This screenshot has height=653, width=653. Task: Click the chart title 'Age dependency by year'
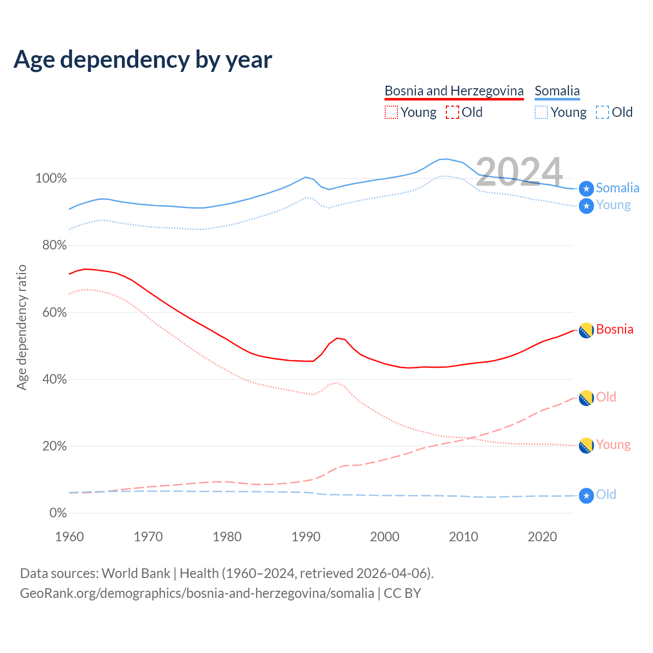[x=143, y=60]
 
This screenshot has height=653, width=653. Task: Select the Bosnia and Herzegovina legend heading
[x=454, y=91]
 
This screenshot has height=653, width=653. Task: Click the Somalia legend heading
[x=557, y=91]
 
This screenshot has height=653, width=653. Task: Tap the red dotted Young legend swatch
[x=391, y=112]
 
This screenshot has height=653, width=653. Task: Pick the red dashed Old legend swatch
[x=452, y=112]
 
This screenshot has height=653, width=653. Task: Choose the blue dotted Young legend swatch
[x=541, y=112]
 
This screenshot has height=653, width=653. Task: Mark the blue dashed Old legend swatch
[x=602, y=112]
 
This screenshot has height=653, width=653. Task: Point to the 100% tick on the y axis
[x=51, y=179]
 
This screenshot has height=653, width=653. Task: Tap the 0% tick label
[x=58, y=513]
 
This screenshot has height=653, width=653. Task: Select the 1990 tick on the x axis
[x=306, y=537]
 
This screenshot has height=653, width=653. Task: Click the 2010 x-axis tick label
[x=464, y=537]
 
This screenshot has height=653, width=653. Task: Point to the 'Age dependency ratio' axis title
[x=21, y=328]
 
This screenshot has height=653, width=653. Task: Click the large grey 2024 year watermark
[x=519, y=171]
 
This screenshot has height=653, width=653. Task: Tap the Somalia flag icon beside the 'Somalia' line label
[x=586, y=189]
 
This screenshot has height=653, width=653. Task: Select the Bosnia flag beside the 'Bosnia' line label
[x=586, y=331]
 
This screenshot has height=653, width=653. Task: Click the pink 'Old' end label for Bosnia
[x=606, y=397]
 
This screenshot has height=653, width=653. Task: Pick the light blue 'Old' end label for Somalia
[x=606, y=494]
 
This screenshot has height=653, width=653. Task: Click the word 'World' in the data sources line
[x=119, y=573]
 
